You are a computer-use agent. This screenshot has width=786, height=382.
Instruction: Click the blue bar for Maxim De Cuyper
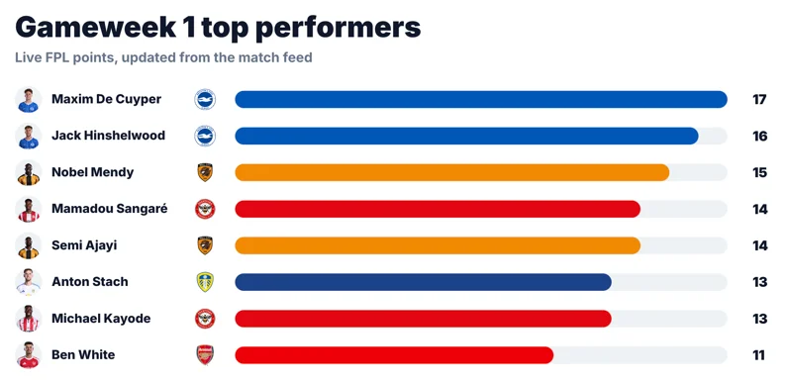click(x=481, y=99)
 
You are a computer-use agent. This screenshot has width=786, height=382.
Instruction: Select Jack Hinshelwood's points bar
click(x=466, y=136)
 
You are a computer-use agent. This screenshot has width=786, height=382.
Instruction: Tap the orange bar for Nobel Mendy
click(x=451, y=172)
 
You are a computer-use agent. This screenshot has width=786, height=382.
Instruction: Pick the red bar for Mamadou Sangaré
click(x=438, y=209)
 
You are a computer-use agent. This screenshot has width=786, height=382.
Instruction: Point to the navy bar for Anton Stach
click(x=423, y=282)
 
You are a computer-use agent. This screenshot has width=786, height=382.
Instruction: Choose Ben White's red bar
click(x=394, y=355)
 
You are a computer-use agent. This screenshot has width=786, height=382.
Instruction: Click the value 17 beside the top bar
click(x=759, y=99)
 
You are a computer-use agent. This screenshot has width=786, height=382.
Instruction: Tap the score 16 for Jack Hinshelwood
click(x=759, y=136)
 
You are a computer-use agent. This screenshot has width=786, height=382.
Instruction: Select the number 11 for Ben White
click(x=759, y=355)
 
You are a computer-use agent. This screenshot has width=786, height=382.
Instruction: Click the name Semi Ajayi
click(x=84, y=245)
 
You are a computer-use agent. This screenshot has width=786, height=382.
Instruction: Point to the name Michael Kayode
click(x=101, y=319)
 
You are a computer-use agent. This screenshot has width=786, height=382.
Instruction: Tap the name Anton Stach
click(x=90, y=282)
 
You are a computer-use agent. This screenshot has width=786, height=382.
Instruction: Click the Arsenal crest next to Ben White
click(x=205, y=355)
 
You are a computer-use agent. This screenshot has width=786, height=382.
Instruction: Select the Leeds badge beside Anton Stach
click(x=205, y=282)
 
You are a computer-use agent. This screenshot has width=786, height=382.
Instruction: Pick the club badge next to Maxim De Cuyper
click(x=205, y=99)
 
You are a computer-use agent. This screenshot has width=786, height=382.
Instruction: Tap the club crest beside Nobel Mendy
click(x=205, y=172)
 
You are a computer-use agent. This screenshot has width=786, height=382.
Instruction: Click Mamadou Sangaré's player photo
click(x=28, y=209)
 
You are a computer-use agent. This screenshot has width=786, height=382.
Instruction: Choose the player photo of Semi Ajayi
click(x=28, y=245)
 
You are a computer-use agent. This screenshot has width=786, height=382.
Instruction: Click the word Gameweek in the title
click(x=96, y=28)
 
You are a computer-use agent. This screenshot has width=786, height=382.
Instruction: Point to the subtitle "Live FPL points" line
click(x=163, y=57)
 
